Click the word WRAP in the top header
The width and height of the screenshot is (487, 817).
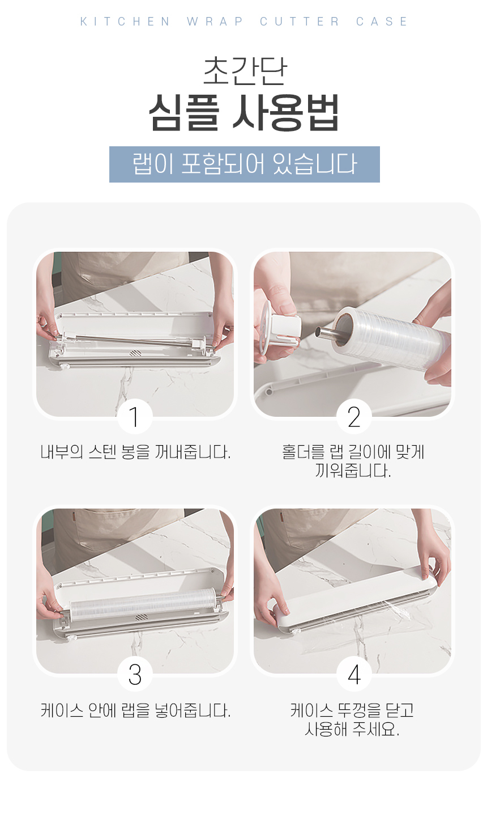(215, 22)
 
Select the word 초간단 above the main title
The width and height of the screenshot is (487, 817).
(245, 71)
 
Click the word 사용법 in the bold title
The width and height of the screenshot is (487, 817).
(286, 112)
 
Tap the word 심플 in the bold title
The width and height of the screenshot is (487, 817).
(184, 112)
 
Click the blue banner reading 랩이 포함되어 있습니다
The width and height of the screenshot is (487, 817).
(245, 164)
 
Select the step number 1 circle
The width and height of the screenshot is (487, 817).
(135, 417)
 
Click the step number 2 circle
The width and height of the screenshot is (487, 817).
(354, 417)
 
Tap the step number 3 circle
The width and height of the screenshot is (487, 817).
(135, 674)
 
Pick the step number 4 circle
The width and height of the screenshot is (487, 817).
(354, 674)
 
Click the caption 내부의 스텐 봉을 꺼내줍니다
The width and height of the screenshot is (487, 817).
(135, 452)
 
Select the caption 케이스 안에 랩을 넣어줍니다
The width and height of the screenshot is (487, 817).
(135, 710)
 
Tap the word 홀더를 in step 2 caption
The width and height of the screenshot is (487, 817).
(303, 452)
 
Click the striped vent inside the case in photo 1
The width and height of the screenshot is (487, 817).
(135, 353)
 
